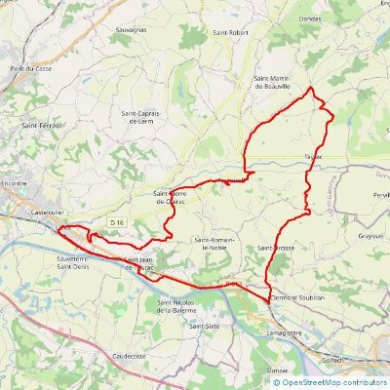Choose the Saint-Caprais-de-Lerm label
[x=141, y=115]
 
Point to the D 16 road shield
[x=117, y=223]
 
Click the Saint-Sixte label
[x=205, y=327]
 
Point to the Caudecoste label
[x=129, y=357]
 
